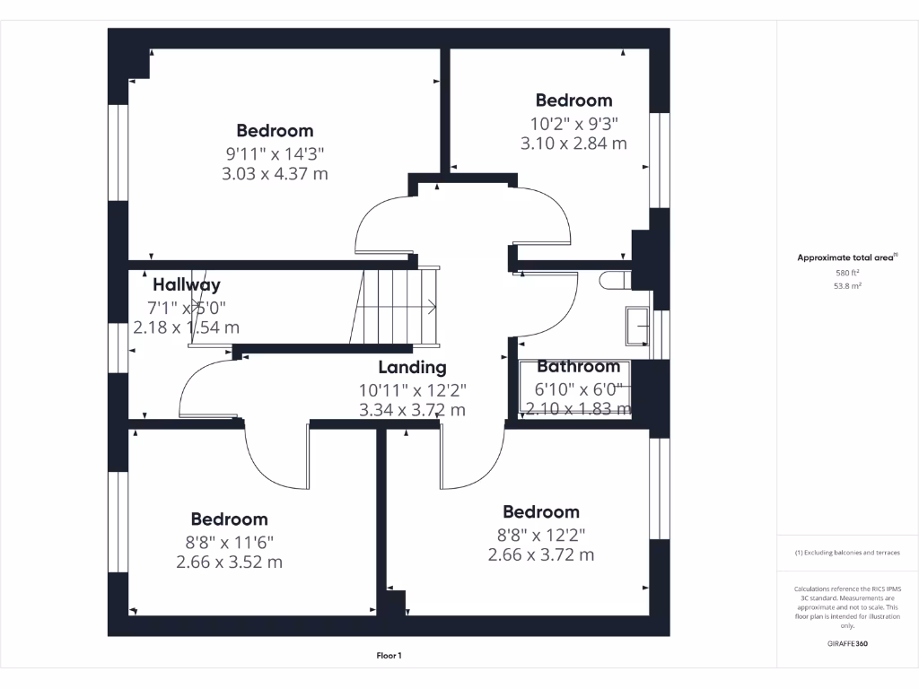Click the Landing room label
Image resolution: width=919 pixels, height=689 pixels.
pyautogui.click(x=412, y=367)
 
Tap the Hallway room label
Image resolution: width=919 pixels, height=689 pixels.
pyautogui.click(x=186, y=285)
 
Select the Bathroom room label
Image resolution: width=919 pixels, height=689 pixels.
pyautogui.click(x=578, y=366)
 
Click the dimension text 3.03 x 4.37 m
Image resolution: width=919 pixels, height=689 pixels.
pyautogui.click(x=275, y=174)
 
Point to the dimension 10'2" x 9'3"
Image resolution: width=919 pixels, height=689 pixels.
pyautogui.click(x=573, y=122)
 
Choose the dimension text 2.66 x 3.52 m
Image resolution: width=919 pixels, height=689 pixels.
pyautogui.click(x=229, y=563)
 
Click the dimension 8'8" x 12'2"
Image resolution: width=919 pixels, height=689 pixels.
pyautogui.click(x=541, y=534)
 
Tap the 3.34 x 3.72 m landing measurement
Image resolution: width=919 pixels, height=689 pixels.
pyautogui.click(x=412, y=410)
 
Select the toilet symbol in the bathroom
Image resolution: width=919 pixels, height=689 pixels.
pyautogui.click(x=615, y=281)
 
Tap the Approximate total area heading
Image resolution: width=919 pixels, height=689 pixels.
pyautogui.click(x=846, y=257)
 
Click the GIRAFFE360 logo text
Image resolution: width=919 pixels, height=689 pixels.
pyautogui.click(x=847, y=643)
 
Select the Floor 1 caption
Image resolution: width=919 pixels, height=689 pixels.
pyautogui.click(x=389, y=656)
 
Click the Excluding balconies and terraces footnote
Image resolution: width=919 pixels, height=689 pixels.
pyautogui.click(x=846, y=553)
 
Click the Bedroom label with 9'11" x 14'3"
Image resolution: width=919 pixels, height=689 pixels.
pyautogui.click(x=275, y=131)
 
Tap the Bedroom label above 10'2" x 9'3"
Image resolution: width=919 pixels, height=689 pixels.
pyautogui.click(x=573, y=100)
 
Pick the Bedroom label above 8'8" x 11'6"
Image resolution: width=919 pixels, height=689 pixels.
pyautogui.click(x=229, y=519)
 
